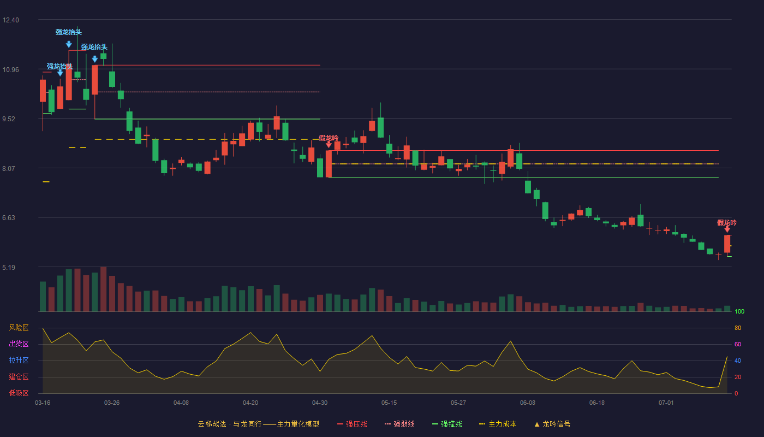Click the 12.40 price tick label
click(x=10, y=20)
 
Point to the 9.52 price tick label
click(x=9, y=119)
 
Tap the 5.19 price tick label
click(x=9, y=267)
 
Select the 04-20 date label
click(x=250, y=403)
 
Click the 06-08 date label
click(x=528, y=403)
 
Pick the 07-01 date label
click(x=666, y=403)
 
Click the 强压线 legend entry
click(x=352, y=424)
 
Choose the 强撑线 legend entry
click(x=447, y=424)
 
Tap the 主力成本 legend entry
click(x=498, y=424)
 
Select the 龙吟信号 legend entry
click(x=552, y=424)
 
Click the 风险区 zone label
click(x=19, y=328)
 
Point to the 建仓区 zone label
click(x=19, y=377)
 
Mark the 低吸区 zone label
click(x=19, y=393)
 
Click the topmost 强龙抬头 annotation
click(x=69, y=32)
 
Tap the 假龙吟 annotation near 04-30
click(x=329, y=138)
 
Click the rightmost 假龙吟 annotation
click(x=727, y=223)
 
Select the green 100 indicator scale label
click(x=739, y=311)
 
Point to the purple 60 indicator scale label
click(x=738, y=344)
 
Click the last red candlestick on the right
click(x=727, y=244)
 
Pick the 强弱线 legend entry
click(x=399, y=424)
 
